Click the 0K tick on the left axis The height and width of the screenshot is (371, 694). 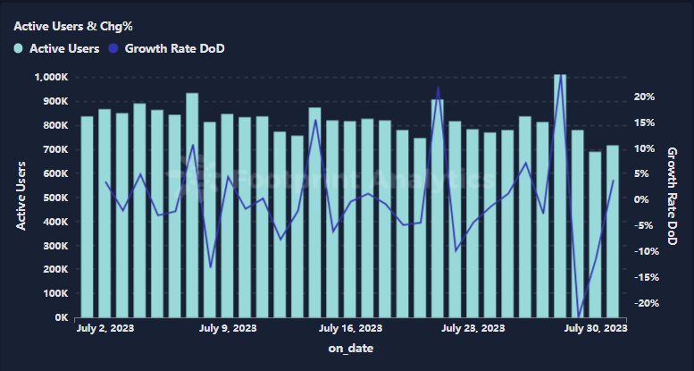(60, 317)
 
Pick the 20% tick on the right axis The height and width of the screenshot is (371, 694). (646, 97)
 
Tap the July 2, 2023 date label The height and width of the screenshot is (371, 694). (105, 329)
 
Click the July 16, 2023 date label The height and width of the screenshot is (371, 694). (351, 329)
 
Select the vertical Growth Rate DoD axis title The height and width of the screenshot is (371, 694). (673, 198)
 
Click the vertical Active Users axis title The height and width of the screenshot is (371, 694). (21, 198)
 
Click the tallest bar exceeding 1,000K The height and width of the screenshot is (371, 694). (560, 197)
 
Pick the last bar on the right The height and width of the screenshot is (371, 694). (613, 232)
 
